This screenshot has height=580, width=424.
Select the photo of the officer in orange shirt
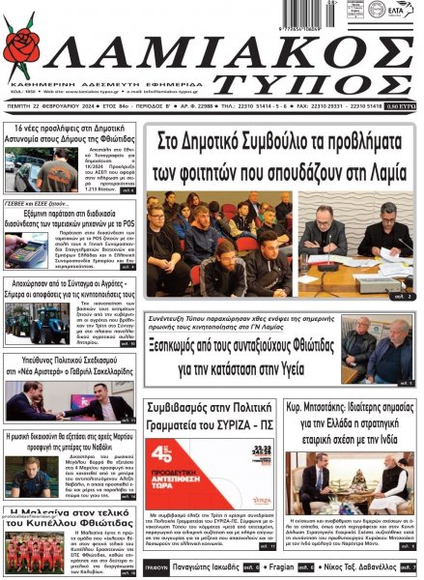(x=35, y=169)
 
